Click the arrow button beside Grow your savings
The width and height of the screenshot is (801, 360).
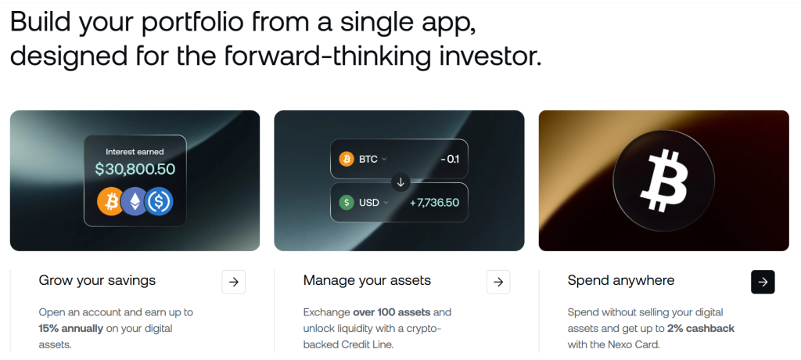tap(233, 282)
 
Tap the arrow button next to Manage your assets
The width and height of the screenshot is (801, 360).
tap(498, 282)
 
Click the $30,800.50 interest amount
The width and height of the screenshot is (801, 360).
tap(135, 169)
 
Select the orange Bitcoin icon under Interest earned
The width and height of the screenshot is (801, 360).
tap(111, 201)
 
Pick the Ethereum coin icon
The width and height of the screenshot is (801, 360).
tap(135, 201)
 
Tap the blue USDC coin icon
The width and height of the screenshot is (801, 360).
tap(159, 201)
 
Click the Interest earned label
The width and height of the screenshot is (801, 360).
tap(135, 151)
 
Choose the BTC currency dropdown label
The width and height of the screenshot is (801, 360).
tap(368, 159)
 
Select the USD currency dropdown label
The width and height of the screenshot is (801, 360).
tap(369, 203)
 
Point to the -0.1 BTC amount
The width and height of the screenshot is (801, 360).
tap(450, 159)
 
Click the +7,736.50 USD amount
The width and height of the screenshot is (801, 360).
tap(434, 203)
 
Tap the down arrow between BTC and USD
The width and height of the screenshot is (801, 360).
tap(400, 182)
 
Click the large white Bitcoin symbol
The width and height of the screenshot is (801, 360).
tap(663, 181)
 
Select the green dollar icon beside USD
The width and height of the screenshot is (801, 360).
tap(347, 203)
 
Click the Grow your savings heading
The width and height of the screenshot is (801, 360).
tap(97, 281)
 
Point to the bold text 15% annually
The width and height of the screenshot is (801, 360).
tap(71, 328)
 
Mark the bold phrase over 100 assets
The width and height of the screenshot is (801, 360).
tap(392, 312)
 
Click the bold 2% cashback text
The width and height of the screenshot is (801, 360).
tap(701, 328)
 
